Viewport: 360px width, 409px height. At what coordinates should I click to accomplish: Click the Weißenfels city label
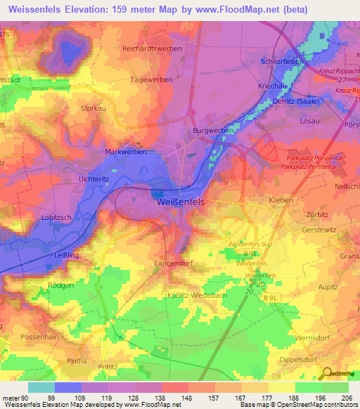click(x=180, y=202)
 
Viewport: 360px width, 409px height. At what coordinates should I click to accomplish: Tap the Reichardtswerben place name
click(x=152, y=48)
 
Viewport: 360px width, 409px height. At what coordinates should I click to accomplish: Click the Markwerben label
click(x=125, y=152)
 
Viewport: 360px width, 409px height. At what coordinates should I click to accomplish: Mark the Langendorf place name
click(x=172, y=263)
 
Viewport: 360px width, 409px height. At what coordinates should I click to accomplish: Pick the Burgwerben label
click(x=213, y=131)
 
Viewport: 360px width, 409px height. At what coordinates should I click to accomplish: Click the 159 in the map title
click(x=136, y=8)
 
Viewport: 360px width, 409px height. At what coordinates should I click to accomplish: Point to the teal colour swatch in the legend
click(x=41, y=387)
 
